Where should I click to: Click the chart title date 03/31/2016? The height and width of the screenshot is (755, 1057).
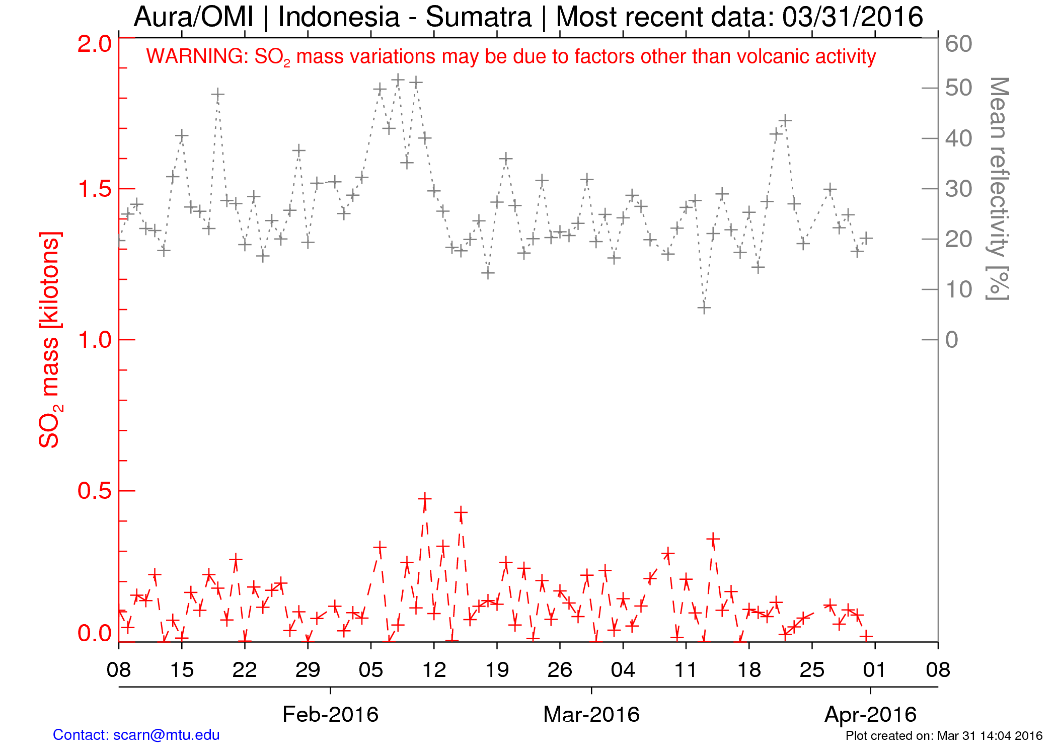pos(852,17)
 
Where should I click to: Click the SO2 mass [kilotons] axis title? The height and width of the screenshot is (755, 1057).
pos(50,340)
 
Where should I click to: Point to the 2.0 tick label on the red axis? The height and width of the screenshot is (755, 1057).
pos(94,44)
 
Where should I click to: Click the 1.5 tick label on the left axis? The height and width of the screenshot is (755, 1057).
pos(94,189)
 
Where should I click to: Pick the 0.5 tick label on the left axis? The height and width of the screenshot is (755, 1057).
pos(94,491)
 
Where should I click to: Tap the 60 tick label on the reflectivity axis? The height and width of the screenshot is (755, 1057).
pos(958,44)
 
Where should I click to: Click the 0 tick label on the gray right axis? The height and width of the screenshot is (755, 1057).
pos(951,340)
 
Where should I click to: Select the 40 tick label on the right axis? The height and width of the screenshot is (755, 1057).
pos(958,139)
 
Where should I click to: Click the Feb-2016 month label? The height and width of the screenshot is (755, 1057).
pos(330,714)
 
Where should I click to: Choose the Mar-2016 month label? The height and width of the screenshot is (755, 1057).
pos(591,714)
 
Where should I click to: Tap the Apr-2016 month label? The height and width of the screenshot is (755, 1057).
pos(870,714)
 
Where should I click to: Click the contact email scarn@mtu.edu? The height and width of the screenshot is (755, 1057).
pos(166,735)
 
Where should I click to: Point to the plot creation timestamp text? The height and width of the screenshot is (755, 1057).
pos(944,736)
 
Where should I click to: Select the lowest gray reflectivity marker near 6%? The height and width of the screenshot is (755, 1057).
pos(704,308)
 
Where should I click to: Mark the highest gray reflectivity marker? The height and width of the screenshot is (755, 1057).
pos(398,80)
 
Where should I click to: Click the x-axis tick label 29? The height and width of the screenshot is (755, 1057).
pos(308,670)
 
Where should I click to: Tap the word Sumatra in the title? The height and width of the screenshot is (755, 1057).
pos(479,17)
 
